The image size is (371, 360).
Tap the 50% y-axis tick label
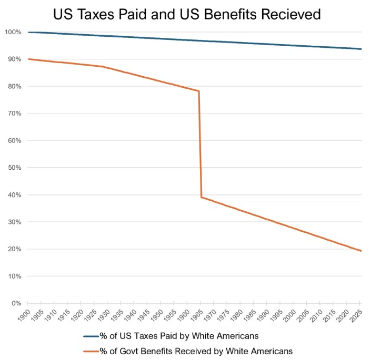(14, 168)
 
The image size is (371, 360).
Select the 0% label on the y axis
(16, 303)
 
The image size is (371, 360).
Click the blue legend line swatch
(94, 335)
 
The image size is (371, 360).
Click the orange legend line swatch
(94, 350)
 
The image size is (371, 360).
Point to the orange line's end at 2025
(361, 251)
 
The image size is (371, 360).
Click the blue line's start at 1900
(28, 32)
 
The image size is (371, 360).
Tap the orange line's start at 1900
(28, 59)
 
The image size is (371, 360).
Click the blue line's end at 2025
(361, 49)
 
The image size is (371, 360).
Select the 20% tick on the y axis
(14, 249)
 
